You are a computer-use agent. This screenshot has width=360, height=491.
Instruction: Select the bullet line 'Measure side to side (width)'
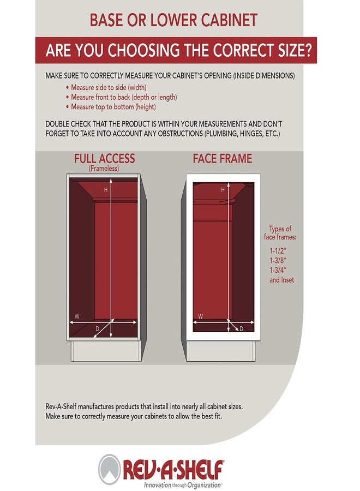[x=106, y=87]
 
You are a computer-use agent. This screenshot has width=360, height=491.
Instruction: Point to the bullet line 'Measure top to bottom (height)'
[x=111, y=107]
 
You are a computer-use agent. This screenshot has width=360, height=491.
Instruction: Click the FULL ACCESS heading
[x=104, y=158]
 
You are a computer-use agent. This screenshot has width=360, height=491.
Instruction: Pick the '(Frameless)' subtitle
[x=104, y=169]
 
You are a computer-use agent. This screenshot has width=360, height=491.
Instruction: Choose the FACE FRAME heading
[x=222, y=158]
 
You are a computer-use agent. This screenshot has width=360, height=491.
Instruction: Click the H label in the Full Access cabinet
[x=106, y=190]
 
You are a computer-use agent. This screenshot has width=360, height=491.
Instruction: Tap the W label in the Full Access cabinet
[x=77, y=316]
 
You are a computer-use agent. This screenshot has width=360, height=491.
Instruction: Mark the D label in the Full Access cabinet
[x=97, y=329]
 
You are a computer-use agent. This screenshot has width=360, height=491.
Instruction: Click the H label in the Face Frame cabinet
[x=223, y=190]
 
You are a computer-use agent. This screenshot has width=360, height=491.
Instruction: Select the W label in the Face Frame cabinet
[x=201, y=316]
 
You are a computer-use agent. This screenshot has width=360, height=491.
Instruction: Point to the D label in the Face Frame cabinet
[x=241, y=329]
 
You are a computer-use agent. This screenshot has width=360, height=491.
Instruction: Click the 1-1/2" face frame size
[x=278, y=251]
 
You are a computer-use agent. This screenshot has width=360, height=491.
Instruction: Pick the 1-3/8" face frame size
[x=278, y=261]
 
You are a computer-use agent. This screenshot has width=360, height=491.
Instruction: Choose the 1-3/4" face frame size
[x=278, y=270]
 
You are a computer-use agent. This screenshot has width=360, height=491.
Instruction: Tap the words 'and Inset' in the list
[x=282, y=280]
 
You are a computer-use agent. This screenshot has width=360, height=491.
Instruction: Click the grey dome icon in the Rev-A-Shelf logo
[x=109, y=469]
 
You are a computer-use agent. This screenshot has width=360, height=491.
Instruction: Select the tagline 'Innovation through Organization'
[x=183, y=486]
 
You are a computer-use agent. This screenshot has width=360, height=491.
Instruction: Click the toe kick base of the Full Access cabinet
[x=106, y=351]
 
